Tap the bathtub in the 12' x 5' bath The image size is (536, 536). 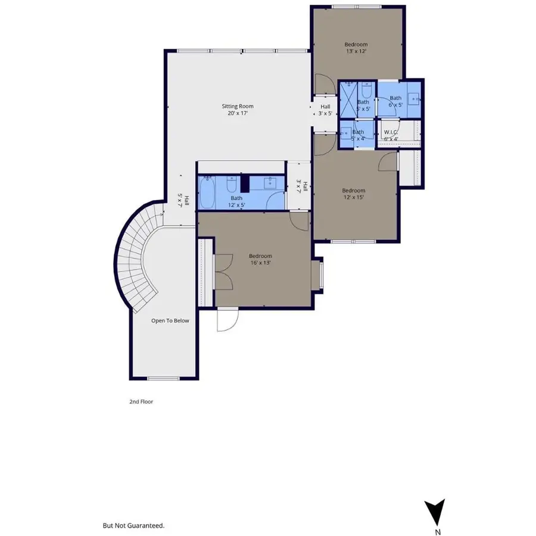[207, 192]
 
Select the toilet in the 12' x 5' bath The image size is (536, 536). [235, 182]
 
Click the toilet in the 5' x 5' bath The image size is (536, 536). [366, 91]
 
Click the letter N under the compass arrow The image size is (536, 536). [438, 532]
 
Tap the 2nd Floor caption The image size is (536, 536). [141, 402]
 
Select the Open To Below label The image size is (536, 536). [170, 320]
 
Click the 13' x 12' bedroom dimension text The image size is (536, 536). [356, 52]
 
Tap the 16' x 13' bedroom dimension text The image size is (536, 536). [260, 263]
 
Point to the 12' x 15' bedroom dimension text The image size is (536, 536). [353, 197]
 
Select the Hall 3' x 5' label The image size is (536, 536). [325, 110]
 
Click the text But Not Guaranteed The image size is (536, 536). [133, 526]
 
